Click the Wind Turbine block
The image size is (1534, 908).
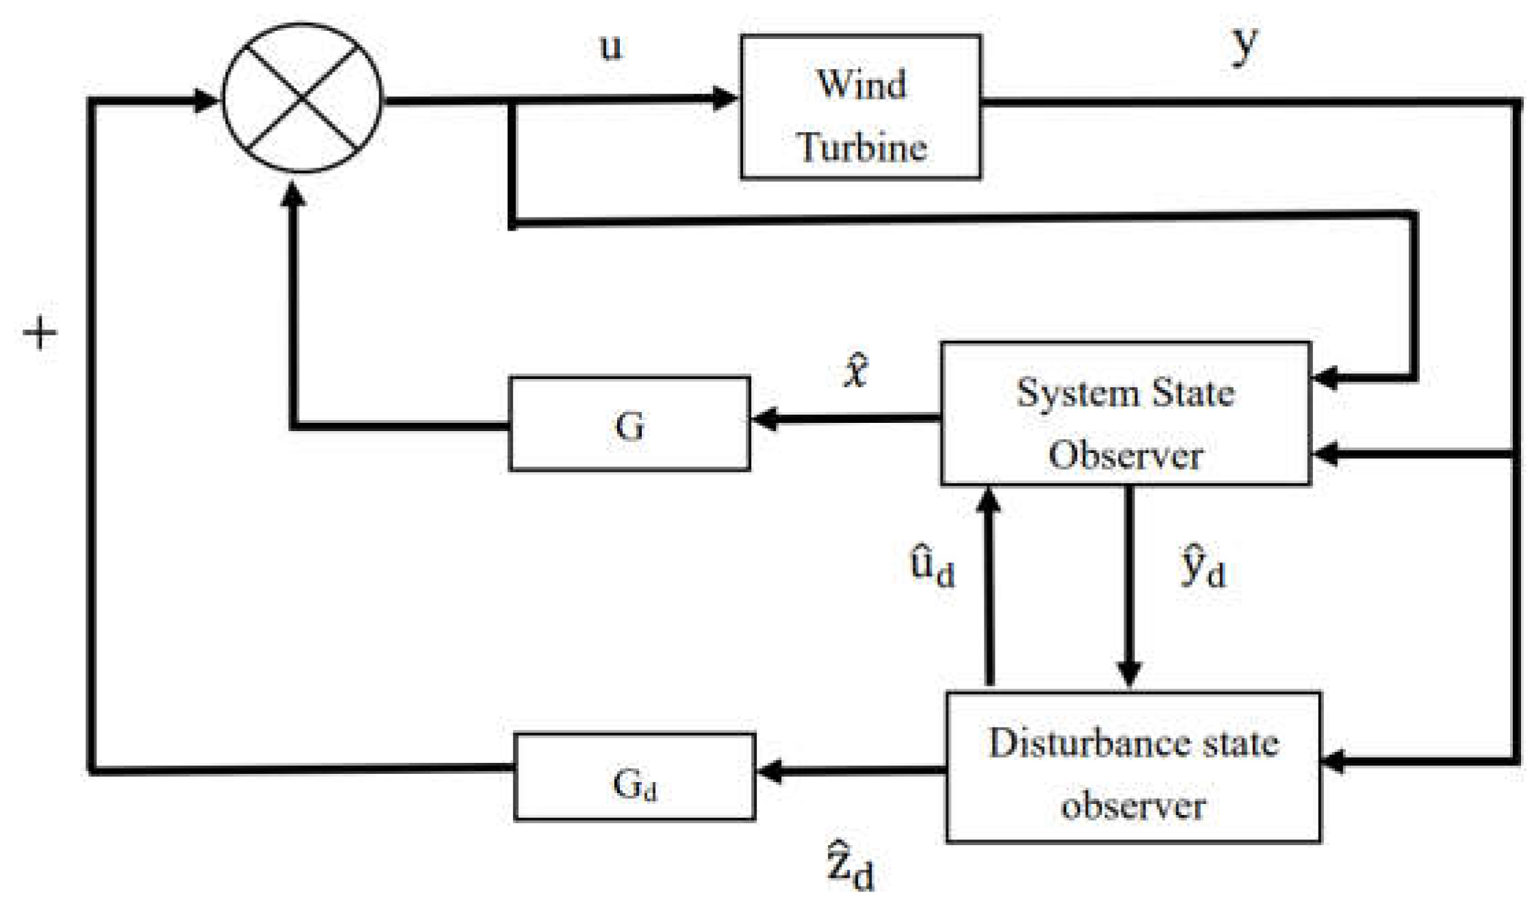click(860, 107)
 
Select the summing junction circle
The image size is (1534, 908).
click(302, 98)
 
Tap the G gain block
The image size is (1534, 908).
click(629, 424)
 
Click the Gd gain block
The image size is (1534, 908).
click(634, 777)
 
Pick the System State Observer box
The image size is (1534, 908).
click(1126, 414)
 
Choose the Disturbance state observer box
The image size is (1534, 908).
click(1134, 767)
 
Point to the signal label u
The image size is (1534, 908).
click(611, 47)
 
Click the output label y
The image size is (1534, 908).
click(1244, 47)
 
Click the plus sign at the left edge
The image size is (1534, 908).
click(40, 333)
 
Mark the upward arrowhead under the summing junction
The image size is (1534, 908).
click(294, 194)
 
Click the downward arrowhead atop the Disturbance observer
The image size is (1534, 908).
click(1128, 673)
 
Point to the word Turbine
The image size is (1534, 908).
click(861, 146)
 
